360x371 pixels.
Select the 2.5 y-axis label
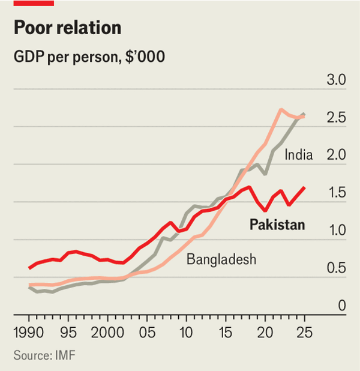point(336,118)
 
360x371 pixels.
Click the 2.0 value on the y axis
point(336,155)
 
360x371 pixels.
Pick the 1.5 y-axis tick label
point(336,193)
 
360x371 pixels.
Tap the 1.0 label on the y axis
point(336,231)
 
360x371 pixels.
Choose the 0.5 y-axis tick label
point(336,268)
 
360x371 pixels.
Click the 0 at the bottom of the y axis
point(341,306)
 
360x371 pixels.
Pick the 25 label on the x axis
point(304,332)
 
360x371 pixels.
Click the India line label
point(299,155)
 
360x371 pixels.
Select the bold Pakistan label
point(277,225)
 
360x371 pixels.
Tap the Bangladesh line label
point(221,259)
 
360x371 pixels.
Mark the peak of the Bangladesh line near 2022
point(281,109)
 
